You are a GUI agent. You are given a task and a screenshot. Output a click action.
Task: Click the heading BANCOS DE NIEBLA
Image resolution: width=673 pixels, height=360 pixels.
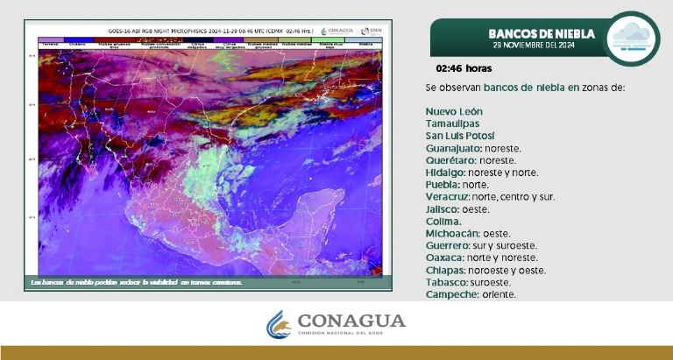point(542,33)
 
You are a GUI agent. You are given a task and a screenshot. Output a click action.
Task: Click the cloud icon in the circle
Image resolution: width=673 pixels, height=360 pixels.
point(631,39)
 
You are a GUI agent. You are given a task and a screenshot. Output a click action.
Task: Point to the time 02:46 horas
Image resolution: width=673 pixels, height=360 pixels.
point(464,67)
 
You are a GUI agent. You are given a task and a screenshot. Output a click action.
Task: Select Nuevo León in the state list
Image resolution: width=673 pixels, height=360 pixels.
point(454,111)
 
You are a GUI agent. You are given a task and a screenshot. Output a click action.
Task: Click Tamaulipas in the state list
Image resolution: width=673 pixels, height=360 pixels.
point(453,124)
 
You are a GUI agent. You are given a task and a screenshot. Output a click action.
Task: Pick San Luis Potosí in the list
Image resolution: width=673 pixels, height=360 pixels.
point(460,136)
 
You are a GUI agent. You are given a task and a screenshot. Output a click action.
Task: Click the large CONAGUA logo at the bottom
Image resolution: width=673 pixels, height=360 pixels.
point(336,323)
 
